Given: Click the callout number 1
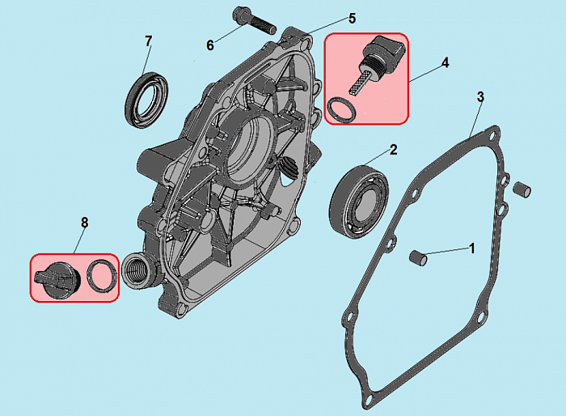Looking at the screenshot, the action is (471, 248).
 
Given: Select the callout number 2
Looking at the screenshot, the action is (393, 150).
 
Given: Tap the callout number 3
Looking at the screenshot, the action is (480, 97).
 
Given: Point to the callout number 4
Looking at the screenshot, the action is (445, 63).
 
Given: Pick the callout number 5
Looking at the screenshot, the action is (352, 19).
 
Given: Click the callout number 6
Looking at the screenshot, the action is (210, 45).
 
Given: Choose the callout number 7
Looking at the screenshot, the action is (148, 41).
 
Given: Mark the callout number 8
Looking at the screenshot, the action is (84, 223).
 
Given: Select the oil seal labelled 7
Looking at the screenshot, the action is (146, 100).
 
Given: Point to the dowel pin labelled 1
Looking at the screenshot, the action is (418, 257).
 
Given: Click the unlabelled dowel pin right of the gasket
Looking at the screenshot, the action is (522, 189).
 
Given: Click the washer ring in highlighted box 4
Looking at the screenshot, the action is (341, 110).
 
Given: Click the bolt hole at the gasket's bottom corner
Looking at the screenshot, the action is (369, 398).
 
